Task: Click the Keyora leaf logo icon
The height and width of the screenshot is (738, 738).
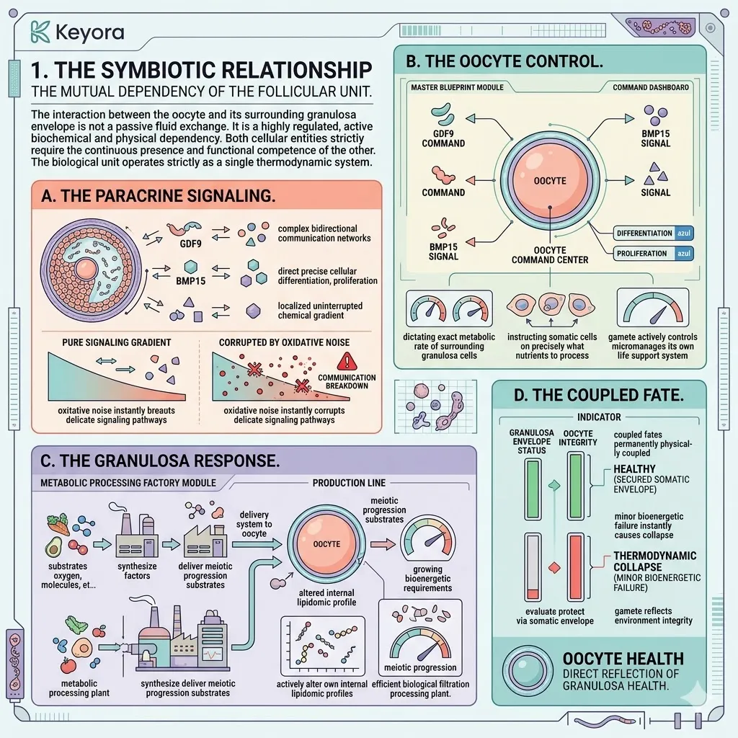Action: point(40,32)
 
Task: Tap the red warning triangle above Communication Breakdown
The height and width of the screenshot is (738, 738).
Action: point(347,362)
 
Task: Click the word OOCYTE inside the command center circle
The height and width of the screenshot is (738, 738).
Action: point(550,181)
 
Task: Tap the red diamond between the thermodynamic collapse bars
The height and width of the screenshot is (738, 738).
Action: point(554,568)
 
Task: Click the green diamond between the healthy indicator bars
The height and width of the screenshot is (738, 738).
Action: point(554,485)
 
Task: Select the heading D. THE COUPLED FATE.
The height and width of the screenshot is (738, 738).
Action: point(599,396)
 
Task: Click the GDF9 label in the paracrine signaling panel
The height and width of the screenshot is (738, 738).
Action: point(190,244)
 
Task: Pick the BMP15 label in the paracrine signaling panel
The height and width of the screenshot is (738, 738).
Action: point(190,281)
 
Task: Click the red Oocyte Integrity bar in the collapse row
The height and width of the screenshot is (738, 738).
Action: point(576,566)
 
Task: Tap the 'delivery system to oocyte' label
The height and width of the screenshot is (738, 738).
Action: point(254,525)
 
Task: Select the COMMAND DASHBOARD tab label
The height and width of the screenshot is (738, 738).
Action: point(651,87)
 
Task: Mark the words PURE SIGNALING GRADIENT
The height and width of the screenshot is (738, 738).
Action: point(117,342)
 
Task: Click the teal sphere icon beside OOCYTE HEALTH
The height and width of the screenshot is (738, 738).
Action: point(527,671)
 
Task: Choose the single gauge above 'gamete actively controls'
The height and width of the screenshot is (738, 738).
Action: point(653,307)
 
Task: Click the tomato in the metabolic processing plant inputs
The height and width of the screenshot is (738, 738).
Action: point(68,665)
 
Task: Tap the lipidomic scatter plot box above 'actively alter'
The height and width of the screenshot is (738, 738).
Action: point(322,646)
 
